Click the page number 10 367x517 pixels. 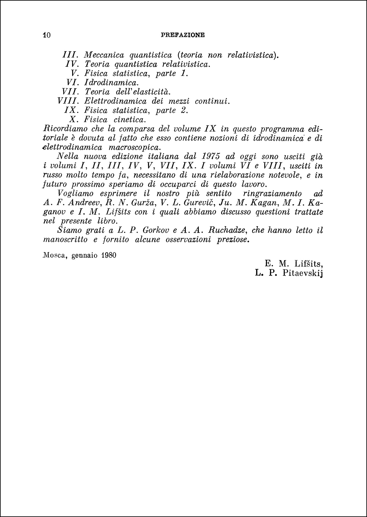pyautogui.click(x=47, y=35)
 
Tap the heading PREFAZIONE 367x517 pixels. pyautogui.click(x=183, y=35)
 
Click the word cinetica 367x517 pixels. pyautogui.click(x=130, y=120)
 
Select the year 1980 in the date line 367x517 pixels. pyautogui.click(x=109, y=255)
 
